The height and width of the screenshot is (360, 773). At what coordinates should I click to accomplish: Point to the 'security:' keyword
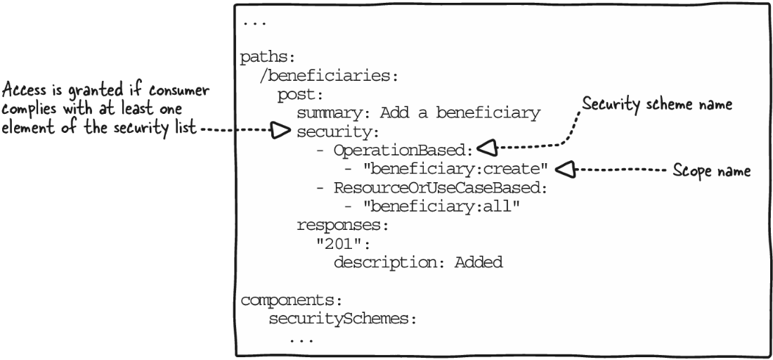pyautogui.click(x=337, y=131)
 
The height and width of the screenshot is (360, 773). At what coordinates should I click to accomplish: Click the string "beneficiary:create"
pyautogui.click(x=455, y=169)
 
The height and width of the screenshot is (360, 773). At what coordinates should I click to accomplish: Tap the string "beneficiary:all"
pyautogui.click(x=442, y=206)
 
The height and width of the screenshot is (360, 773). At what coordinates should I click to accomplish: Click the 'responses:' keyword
pyautogui.click(x=343, y=225)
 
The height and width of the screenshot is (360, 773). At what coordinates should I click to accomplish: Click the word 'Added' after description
pyautogui.click(x=478, y=262)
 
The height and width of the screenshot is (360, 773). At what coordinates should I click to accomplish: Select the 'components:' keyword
pyautogui.click(x=291, y=300)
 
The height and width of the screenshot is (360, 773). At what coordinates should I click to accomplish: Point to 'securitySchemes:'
pyautogui.click(x=343, y=319)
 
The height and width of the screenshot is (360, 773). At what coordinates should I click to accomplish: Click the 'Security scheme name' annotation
pyautogui.click(x=657, y=105)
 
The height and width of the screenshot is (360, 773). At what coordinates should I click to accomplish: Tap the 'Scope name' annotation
pyautogui.click(x=712, y=171)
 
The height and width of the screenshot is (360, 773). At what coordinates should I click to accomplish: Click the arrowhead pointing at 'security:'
pyautogui.click(x=281, y=131)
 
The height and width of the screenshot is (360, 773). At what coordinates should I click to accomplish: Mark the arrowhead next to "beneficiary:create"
pyautogui.click(x=565, y=169)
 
